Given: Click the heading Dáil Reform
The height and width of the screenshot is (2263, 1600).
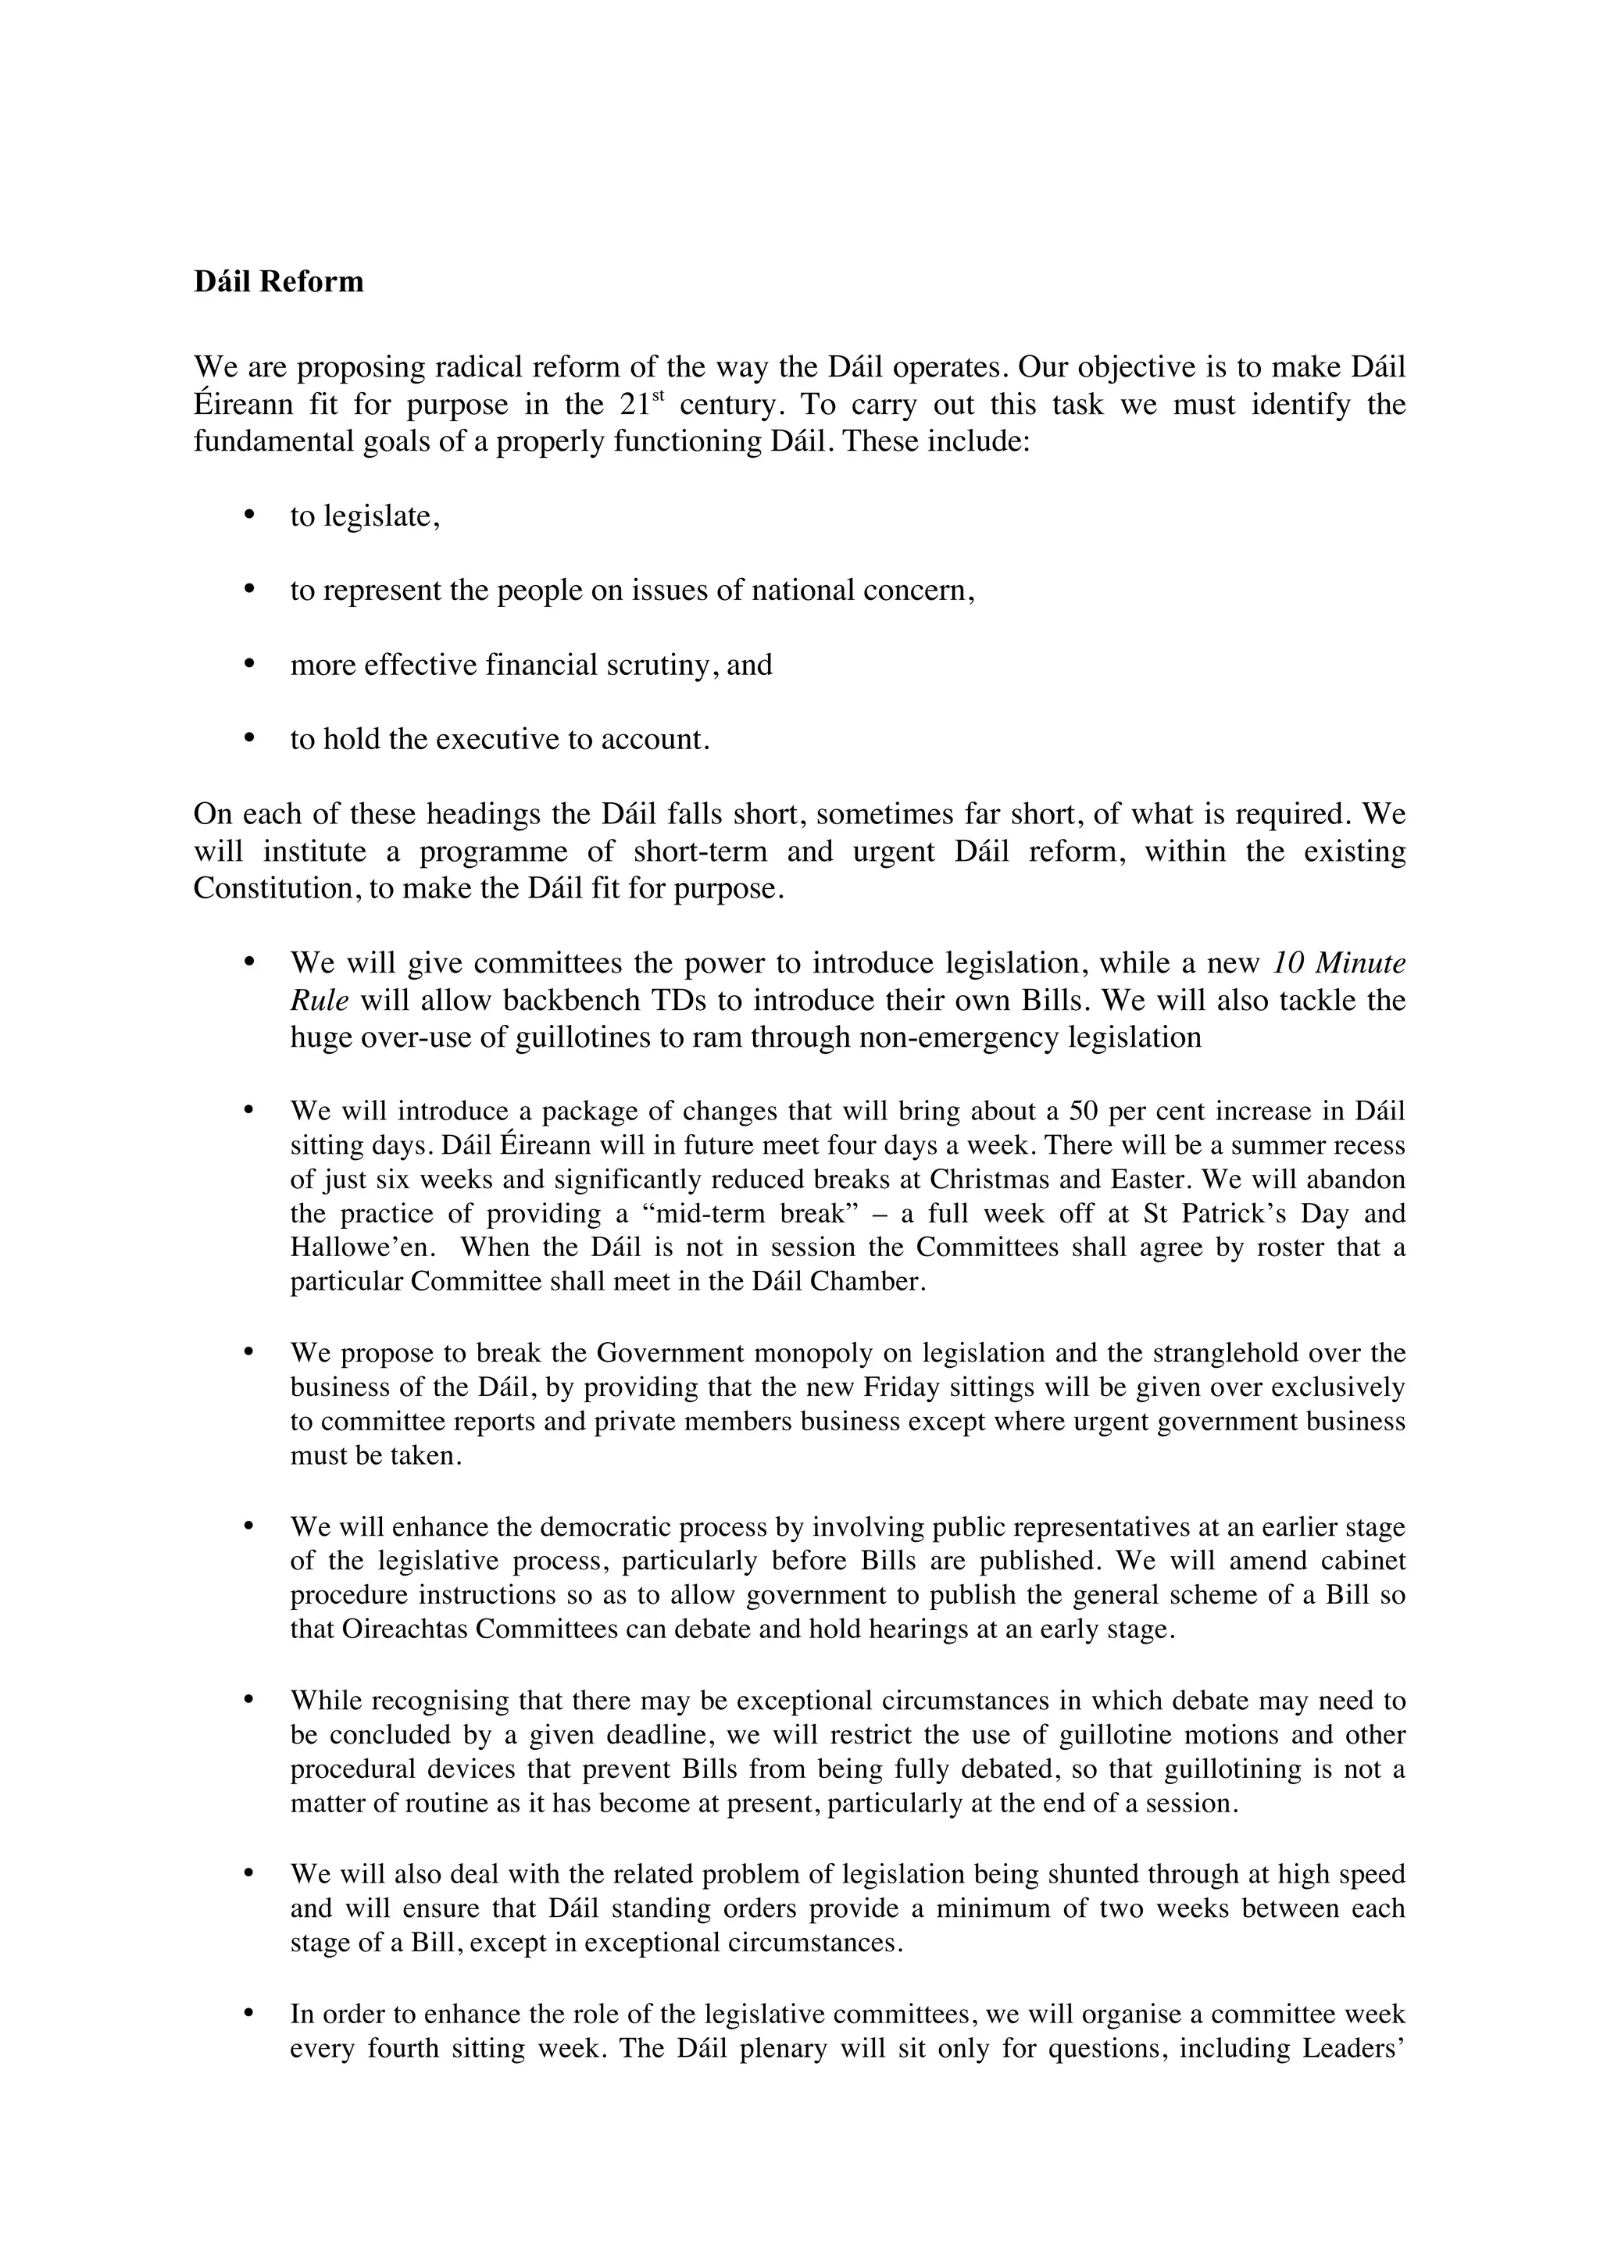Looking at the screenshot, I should click(x=279, y=282).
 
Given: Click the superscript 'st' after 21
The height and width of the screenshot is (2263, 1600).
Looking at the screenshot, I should click(x=659, y=396).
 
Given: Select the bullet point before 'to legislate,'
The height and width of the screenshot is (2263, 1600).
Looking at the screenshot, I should click(x=248, y=513).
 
